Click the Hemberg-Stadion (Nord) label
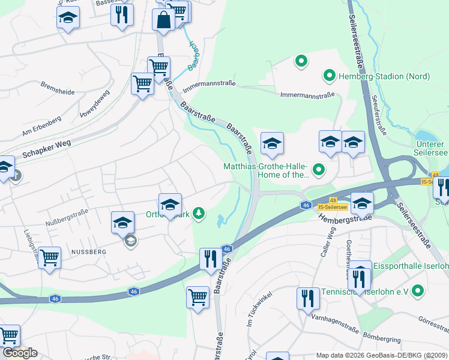point(375,76)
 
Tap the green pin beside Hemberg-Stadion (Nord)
point(329,76)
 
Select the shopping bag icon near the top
point(164,19)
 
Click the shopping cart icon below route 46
point(197,296)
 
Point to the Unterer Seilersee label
point(432,149)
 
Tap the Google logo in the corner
point(20,353)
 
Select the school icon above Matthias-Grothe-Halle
point(272,143)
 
